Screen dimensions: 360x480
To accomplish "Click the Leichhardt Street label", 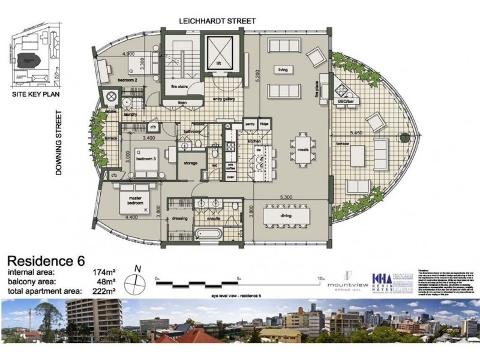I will pos(217,21).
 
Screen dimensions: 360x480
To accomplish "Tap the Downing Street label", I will pos(59,142).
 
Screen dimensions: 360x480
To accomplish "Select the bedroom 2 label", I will pos(127,80).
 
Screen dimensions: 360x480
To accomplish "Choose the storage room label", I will pos(190,163).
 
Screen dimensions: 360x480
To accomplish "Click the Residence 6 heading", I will pos(46,261).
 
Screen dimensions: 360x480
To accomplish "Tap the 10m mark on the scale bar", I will pos(321,278).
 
